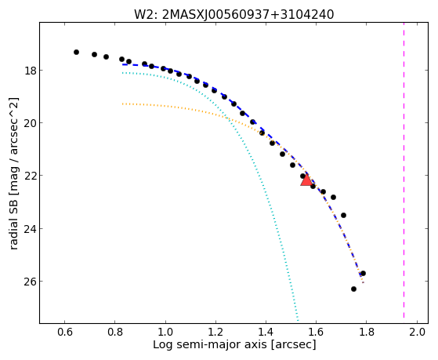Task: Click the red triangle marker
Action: [306, 180]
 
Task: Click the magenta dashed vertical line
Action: [404, 170]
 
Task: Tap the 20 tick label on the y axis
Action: [31, 123]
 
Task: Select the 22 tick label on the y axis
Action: [31, 176]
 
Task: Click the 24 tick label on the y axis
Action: [31, 228]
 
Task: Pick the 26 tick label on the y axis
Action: [31, 281]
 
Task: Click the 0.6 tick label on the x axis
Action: [65, 332]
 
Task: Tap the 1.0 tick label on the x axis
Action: [165, 332]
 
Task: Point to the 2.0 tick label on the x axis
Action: [417, 332]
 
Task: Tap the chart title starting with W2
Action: [234, 14]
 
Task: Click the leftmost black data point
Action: [76, 52]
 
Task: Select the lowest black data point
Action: [353, 289]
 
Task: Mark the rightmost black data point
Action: [363, 273]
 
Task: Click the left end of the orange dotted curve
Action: [123, 104]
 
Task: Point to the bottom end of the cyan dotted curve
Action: [298, 321]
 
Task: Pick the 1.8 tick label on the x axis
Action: [367, 332]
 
